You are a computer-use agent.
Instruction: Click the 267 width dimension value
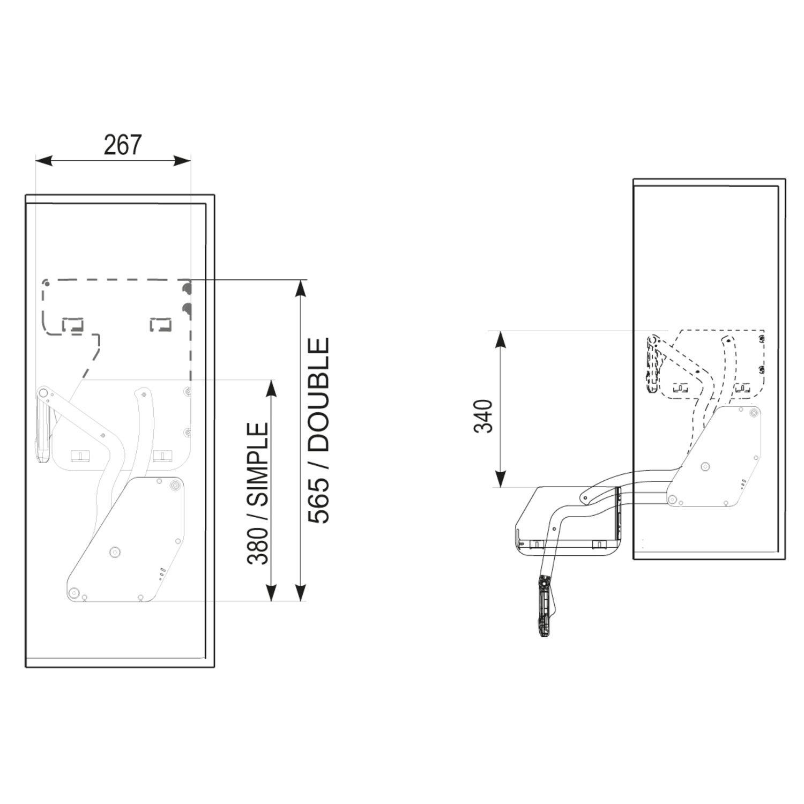pyautogui.click(x=123, y=145)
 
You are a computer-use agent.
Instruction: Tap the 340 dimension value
pyautogui.click(x=484, y=416)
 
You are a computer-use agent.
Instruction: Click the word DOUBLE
pyautogui.click(x=319, y=394)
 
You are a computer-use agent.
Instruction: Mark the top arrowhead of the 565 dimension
pyautogui.click(x=301, y=288)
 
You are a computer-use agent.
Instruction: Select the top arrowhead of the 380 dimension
pyautogui.click(x=271, y=389)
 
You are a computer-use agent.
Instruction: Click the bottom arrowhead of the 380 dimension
pyautogui.click(x=271, y=592)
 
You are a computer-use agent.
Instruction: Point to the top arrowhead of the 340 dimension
pyautogui.click(x=500, y=339)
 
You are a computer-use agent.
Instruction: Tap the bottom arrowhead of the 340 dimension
pyautogui.click(x=500, y=479)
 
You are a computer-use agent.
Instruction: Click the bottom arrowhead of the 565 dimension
pyautogui.click(x=301, y=592)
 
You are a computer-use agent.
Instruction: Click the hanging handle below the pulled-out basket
pyautogui.click(x=545, y=608)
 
